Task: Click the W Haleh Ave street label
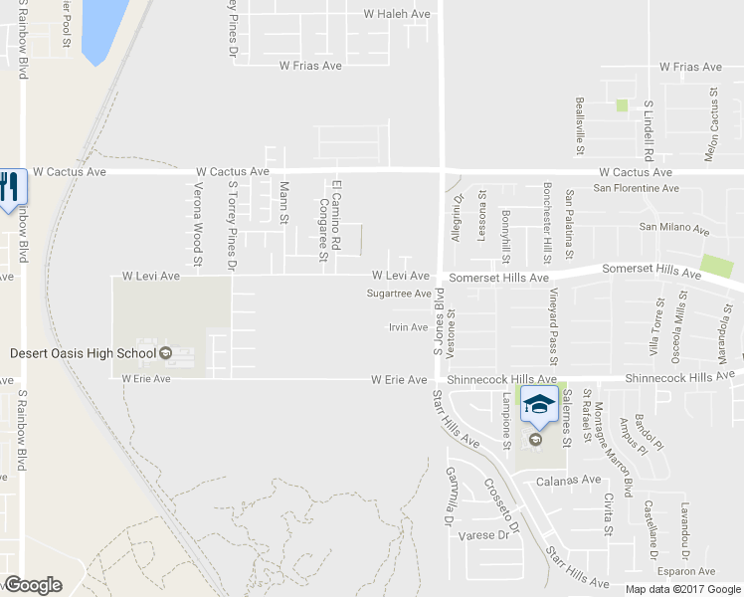397,14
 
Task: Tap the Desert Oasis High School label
84,352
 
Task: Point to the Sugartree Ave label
398,294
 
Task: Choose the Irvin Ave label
408,327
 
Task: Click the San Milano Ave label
673,228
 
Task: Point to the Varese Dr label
485,535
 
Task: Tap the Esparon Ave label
686,571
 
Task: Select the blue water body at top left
103,28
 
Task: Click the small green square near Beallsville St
622,104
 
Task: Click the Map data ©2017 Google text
681,589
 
